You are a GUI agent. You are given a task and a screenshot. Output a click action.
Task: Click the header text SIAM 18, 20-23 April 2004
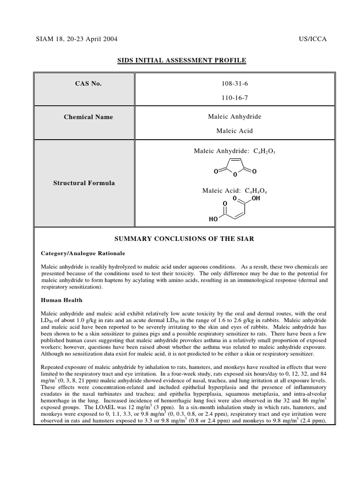point(77,39)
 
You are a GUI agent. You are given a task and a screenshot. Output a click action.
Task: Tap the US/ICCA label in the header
point(312,39)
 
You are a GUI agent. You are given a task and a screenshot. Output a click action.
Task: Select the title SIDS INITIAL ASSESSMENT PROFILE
point(180,60)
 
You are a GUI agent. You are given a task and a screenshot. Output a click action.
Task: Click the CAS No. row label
point(88,84)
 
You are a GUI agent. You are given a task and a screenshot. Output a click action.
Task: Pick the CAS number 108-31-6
point(234,84)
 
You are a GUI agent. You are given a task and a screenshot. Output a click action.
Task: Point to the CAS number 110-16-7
point(234,98)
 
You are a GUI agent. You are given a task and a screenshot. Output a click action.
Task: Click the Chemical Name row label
point(88,117)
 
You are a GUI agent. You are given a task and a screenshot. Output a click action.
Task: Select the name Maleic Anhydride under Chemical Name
point(234,116)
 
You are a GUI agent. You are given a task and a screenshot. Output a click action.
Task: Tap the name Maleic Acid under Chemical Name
point(234,131)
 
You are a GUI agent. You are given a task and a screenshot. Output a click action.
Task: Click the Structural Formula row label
point(84,183)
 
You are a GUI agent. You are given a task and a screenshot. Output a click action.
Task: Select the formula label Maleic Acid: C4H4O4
point(234,191)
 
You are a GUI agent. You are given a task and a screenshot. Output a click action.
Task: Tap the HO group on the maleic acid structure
point(214,219)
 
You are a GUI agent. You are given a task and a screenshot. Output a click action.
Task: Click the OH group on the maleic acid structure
point(255,199)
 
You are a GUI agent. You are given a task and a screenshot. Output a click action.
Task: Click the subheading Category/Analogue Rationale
point(83,253)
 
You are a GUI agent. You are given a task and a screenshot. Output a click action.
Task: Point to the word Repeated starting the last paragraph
point(54,367)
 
